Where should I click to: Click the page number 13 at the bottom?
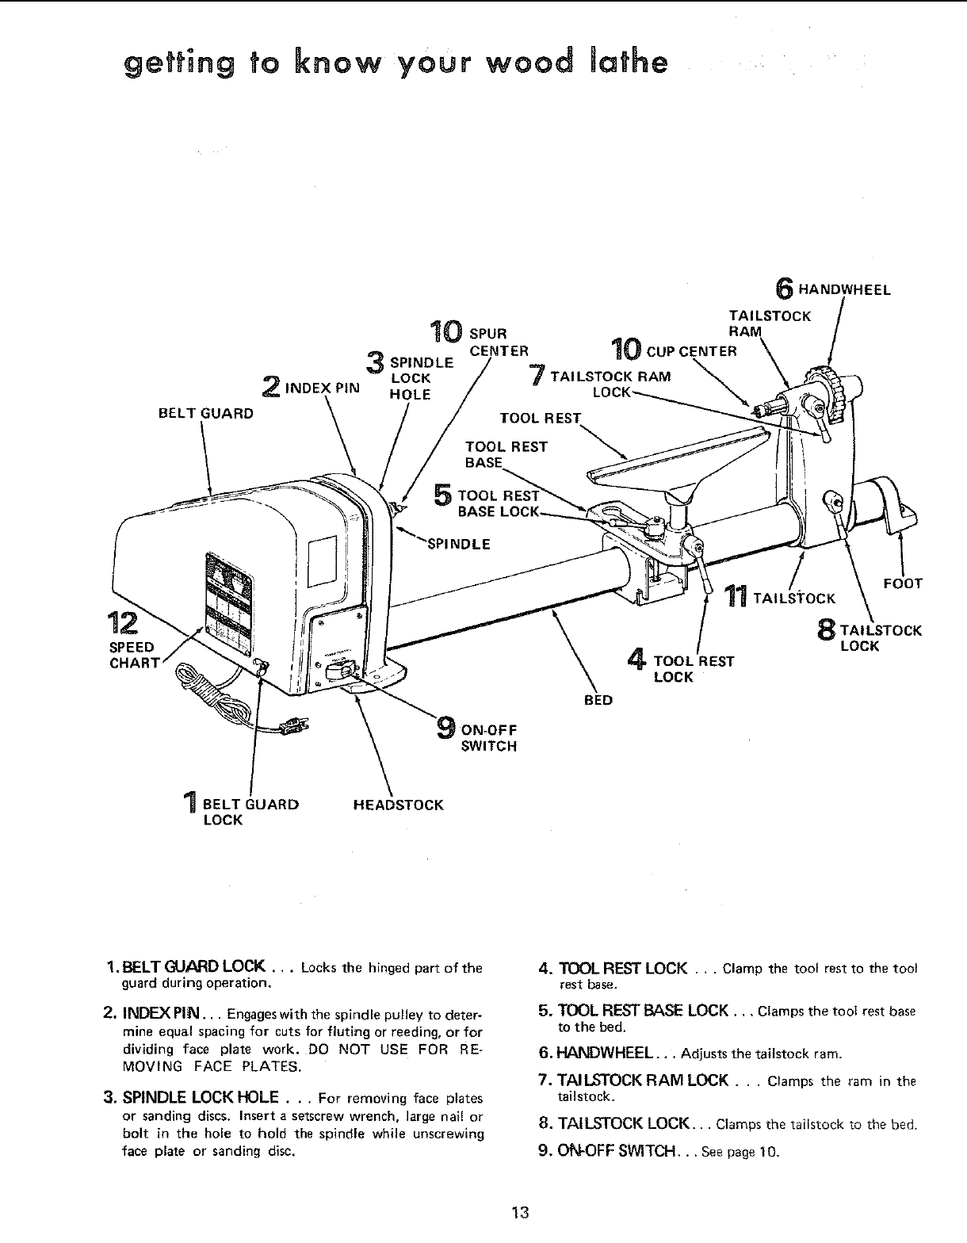(520, 1212)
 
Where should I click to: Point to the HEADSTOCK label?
(397, 805)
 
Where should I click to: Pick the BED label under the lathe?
(598, 700)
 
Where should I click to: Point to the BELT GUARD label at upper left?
(205, 413)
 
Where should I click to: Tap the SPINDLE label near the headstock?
(458, 544)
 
